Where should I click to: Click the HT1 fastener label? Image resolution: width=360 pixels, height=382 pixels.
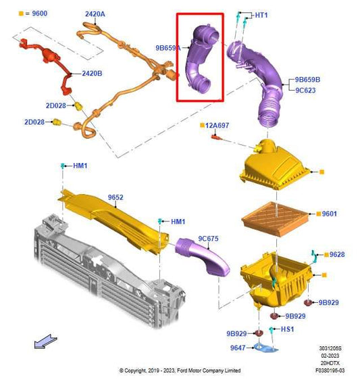point(261,15)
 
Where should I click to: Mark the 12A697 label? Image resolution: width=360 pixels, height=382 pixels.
point(218,126)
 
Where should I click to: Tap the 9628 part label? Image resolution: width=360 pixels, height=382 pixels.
point(336,254)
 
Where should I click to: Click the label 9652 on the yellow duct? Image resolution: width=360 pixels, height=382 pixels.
point(116,197)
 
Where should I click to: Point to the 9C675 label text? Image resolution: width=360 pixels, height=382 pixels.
point(209,238)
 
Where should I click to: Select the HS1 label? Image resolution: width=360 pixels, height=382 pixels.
point(288,329)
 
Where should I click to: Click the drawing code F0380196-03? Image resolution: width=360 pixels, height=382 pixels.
point(333,371)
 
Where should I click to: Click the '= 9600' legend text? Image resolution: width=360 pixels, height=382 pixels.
point(35,14)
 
